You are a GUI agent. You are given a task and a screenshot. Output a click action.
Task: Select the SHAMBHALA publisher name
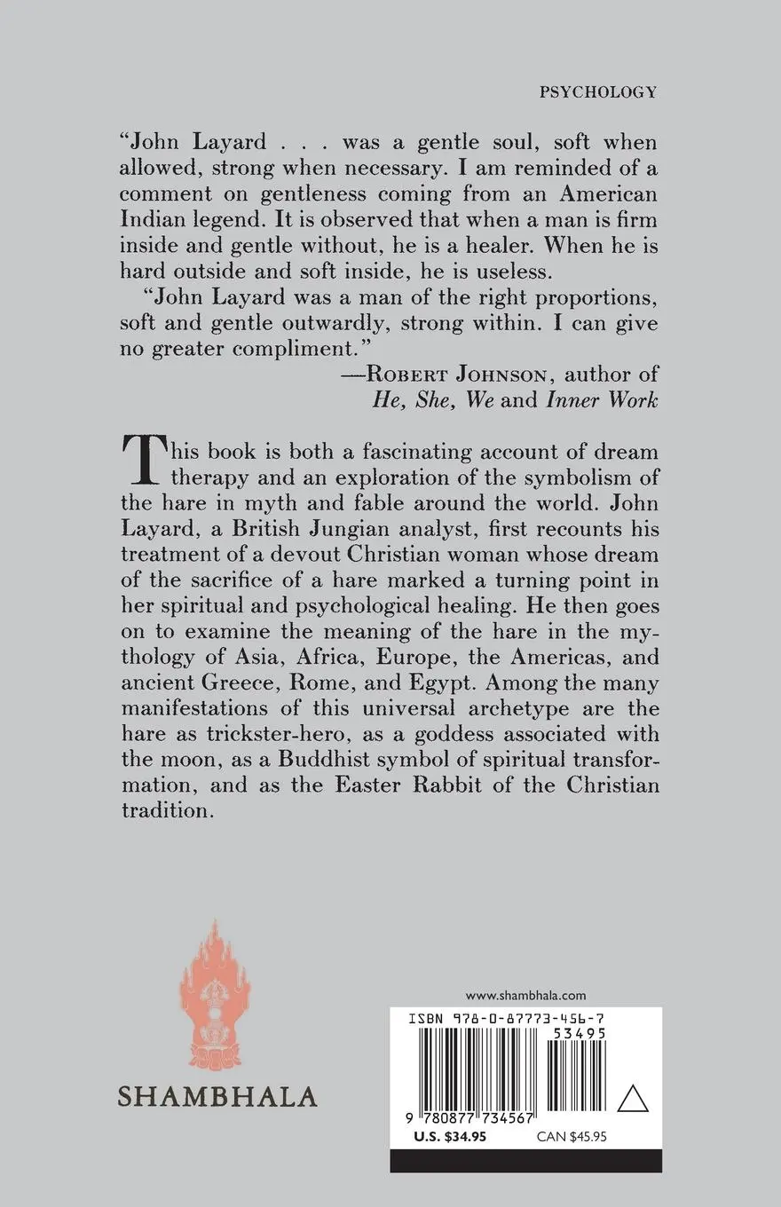[x=217, y=1095]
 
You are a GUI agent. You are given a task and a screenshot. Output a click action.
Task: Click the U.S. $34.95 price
[x=450, y=1138]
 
